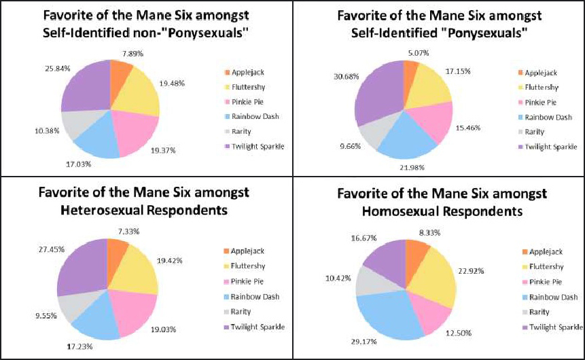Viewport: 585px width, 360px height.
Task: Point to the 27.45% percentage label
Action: (32, 249)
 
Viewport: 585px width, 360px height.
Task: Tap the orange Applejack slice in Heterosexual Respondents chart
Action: (117, 253)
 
